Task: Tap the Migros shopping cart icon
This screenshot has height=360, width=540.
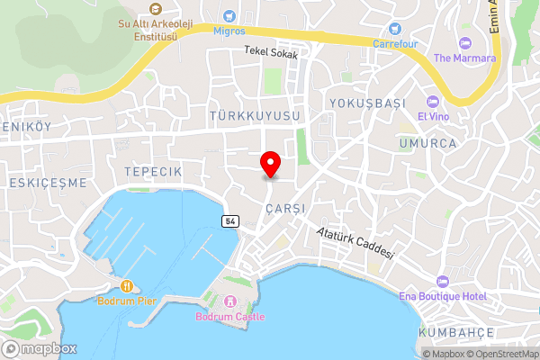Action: click(x=229, y=15)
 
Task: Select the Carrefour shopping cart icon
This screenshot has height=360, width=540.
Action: click(x=394, y=27)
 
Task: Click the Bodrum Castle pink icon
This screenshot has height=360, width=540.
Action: click(x=230, y=301)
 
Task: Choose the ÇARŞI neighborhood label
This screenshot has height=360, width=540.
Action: click(x=285, y=208)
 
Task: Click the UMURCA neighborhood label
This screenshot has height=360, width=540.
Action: click(x=428, y=143)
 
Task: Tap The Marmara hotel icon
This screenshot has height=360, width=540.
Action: click(x=464, y=42)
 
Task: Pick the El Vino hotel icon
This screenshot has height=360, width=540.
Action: click(x=433, y=100)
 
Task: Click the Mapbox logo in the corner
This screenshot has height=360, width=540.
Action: click(x=40, y=349)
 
